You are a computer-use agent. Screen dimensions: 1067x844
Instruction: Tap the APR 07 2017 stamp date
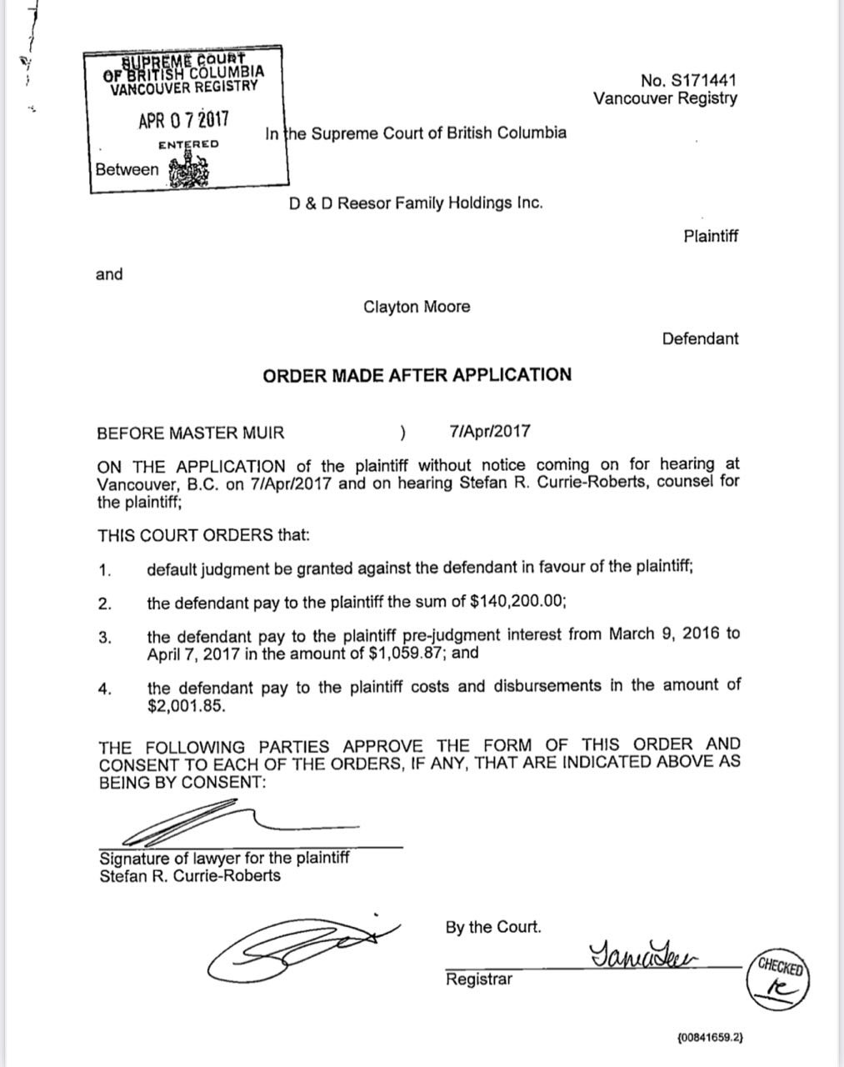(x=184, y=121)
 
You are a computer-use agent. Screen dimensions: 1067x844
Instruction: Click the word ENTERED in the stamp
(x=188, y=144)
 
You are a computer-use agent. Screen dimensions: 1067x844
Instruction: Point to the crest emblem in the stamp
(x=189, y=170)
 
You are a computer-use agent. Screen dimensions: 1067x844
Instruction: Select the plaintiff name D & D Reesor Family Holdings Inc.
(x=416, y=202)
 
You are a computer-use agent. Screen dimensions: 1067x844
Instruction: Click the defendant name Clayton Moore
(x=417, y=307)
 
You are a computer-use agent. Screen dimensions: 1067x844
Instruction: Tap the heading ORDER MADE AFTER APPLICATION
(x=417, y=375)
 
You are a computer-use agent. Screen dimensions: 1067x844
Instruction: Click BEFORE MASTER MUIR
(x=191, y=433)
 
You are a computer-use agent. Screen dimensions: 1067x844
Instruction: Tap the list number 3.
(x=105, y=638)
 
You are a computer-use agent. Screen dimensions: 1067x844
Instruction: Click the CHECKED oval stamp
(x=780, y=979)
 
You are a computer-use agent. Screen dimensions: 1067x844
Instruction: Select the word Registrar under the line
(x=479, y=979)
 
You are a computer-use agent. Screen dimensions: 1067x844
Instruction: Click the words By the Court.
(x=493, y=927)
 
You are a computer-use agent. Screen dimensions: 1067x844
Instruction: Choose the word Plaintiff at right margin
(x=711, y=236)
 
